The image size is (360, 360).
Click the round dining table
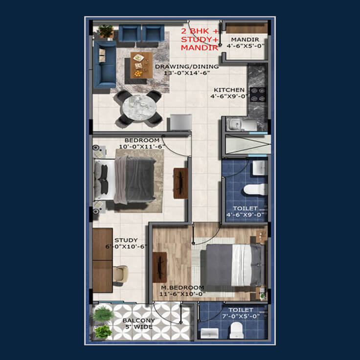139,107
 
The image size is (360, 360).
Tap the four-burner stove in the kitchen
258,94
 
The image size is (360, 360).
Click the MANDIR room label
245,40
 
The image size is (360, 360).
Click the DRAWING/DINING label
187,67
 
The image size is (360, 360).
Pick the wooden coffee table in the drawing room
141,65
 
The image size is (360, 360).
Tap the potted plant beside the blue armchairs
106,31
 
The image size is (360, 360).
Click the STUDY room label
126,240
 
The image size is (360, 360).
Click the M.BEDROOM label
182,288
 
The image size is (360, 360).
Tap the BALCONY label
139,320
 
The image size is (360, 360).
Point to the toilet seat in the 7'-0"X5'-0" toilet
236,330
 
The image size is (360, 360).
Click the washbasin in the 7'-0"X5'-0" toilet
209,333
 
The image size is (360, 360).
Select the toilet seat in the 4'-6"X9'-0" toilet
255,189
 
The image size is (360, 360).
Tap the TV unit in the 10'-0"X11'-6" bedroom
180,183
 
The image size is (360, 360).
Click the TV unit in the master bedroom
159,267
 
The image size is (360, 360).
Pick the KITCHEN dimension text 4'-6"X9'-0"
229,96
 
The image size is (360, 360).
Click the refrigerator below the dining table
180,122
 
